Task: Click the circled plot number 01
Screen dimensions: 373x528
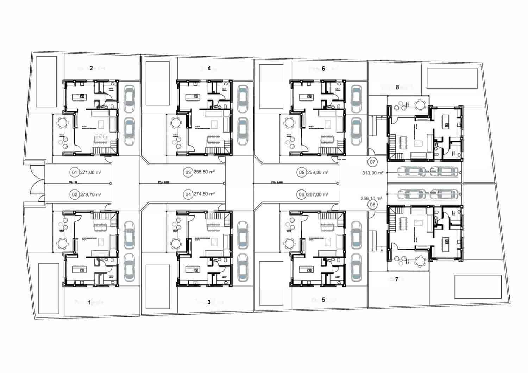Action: (74, 173)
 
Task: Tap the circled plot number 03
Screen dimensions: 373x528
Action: (188, 172)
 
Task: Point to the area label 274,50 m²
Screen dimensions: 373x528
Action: (205, 194)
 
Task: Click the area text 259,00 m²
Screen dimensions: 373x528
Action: (318, 173)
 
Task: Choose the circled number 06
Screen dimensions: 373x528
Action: (301, 194)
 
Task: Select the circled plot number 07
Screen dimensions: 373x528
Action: (372, 162)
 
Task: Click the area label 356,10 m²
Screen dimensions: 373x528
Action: (372, 198)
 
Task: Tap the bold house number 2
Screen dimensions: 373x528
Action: (91, 68)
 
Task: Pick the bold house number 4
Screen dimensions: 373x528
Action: (209, 69)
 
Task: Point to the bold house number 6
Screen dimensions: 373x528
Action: (323, 69)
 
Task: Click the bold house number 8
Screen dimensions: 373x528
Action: (397, 88)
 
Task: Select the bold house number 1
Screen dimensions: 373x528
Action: (89, 302)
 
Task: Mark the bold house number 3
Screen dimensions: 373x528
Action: (209, 302)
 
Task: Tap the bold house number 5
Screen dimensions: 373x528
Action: (323, 300)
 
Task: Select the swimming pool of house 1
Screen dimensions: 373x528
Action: (48, 288)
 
